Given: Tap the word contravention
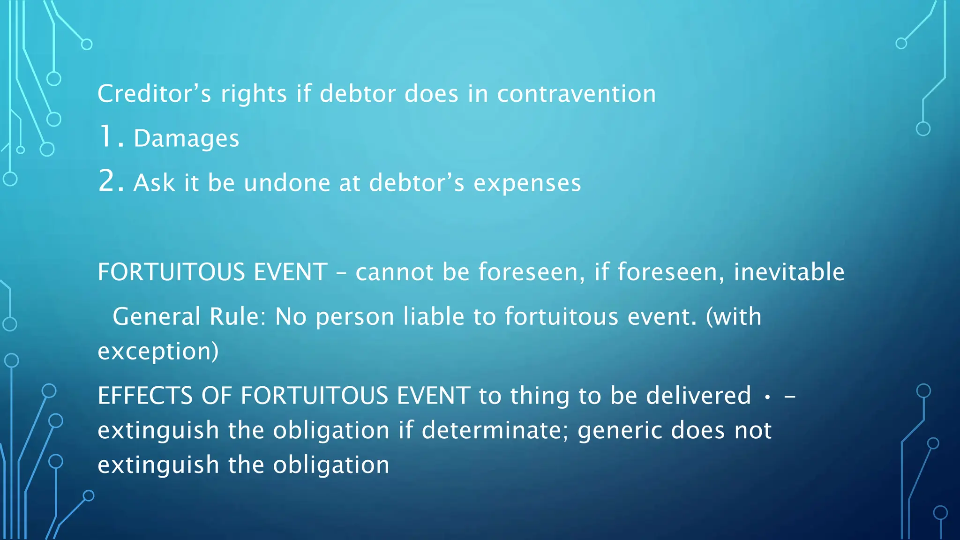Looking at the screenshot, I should click(x=576, y=94).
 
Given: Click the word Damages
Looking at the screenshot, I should click(x=187, y=139).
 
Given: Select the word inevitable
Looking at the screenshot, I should click(x=788, y=272).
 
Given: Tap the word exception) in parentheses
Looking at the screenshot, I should click(x=158, y=352).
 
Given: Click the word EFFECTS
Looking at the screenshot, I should click(x=145, y=396).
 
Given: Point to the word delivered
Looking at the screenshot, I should click(x=698, y=396).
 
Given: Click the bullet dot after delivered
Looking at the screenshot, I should click(x=767, y=397).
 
